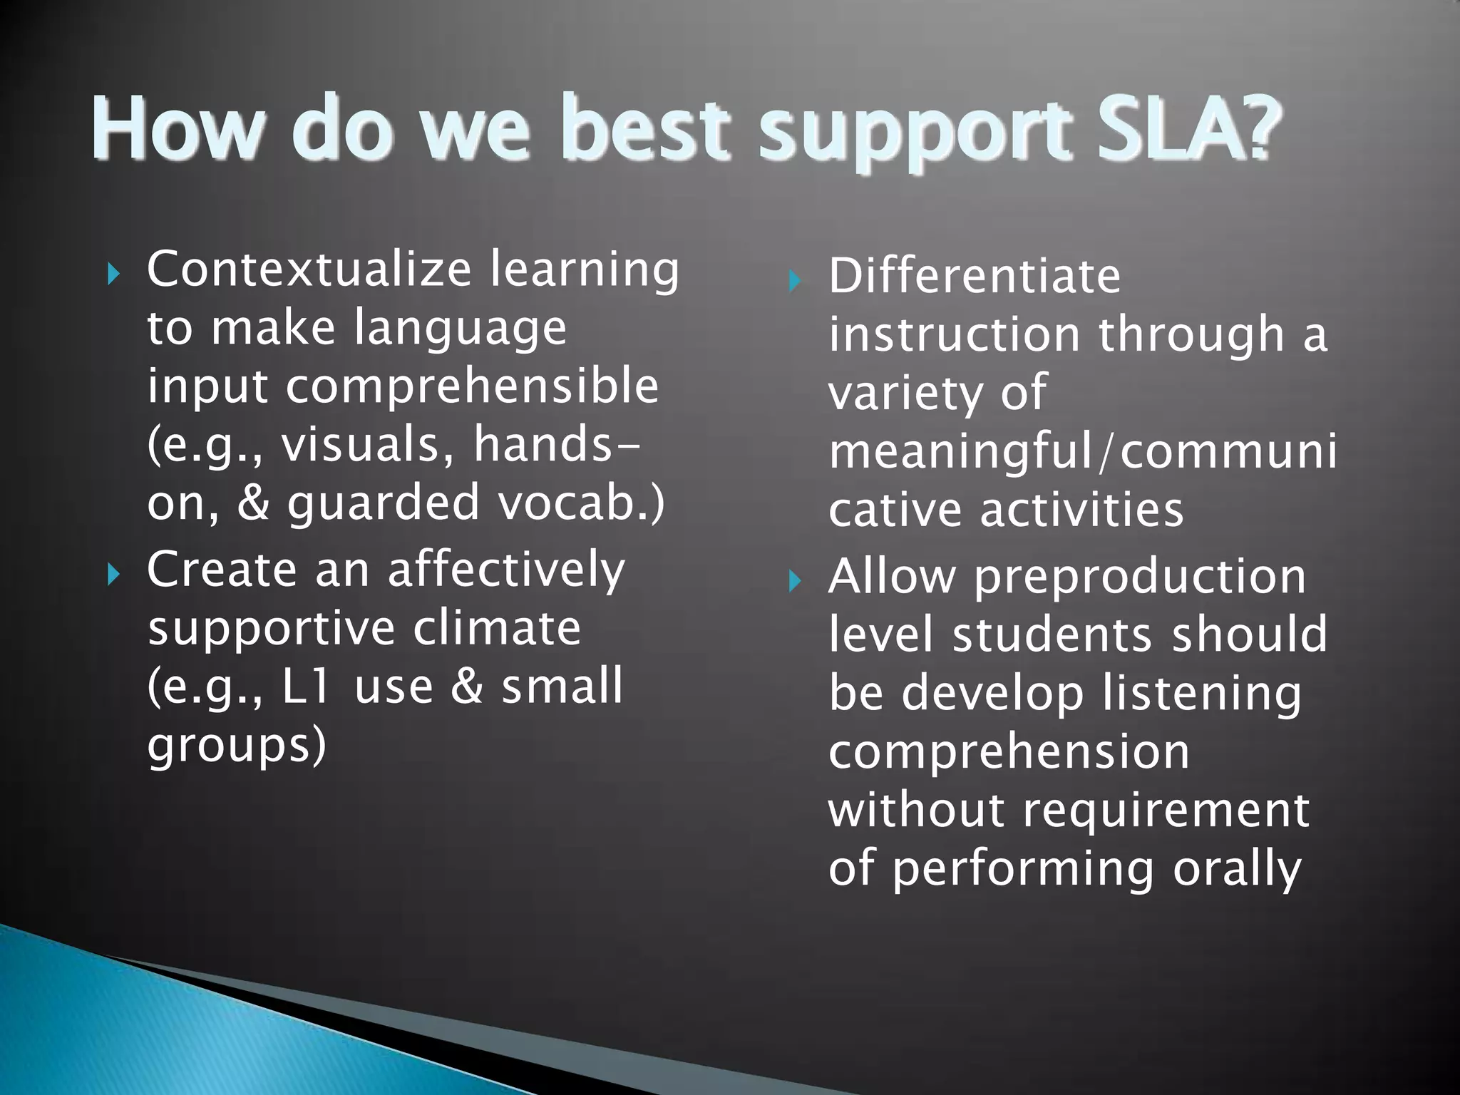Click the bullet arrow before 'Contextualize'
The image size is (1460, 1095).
click(113, 274)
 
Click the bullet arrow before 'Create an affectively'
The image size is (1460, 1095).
click(113, 574)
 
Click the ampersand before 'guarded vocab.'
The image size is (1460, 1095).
click(253, 503)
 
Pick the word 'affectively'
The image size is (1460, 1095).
click(506, 570)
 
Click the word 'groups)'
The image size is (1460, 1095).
click(237, 746)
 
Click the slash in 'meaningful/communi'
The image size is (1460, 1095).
click(1106, 451)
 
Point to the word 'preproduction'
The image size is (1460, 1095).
click(1140, 577)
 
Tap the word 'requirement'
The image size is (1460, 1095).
click(1166, 811)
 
